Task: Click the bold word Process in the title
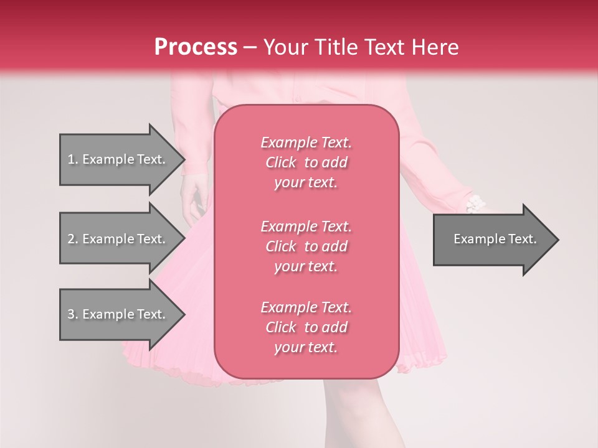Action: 196,47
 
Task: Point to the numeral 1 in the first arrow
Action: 70,159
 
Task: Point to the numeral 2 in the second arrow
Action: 70,239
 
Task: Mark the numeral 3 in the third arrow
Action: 70,314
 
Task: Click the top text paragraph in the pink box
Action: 306,162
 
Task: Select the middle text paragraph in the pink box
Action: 306,246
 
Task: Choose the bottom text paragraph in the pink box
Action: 306,327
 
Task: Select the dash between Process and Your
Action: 250,47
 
